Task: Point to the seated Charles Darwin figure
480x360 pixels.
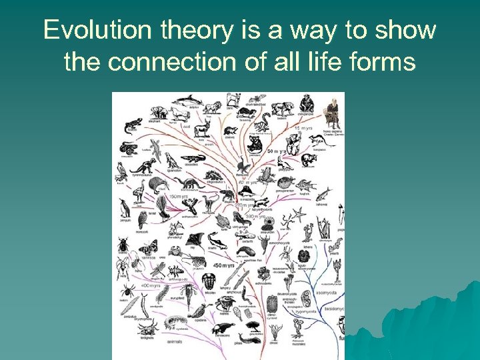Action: coord(331,114)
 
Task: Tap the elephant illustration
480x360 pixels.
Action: coord(152,113)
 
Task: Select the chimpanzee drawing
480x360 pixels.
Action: coord(306,103)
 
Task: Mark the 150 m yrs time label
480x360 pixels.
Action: coord(178,197)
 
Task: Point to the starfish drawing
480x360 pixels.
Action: coord(299,215)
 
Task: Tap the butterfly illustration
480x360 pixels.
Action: coord(148,248)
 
